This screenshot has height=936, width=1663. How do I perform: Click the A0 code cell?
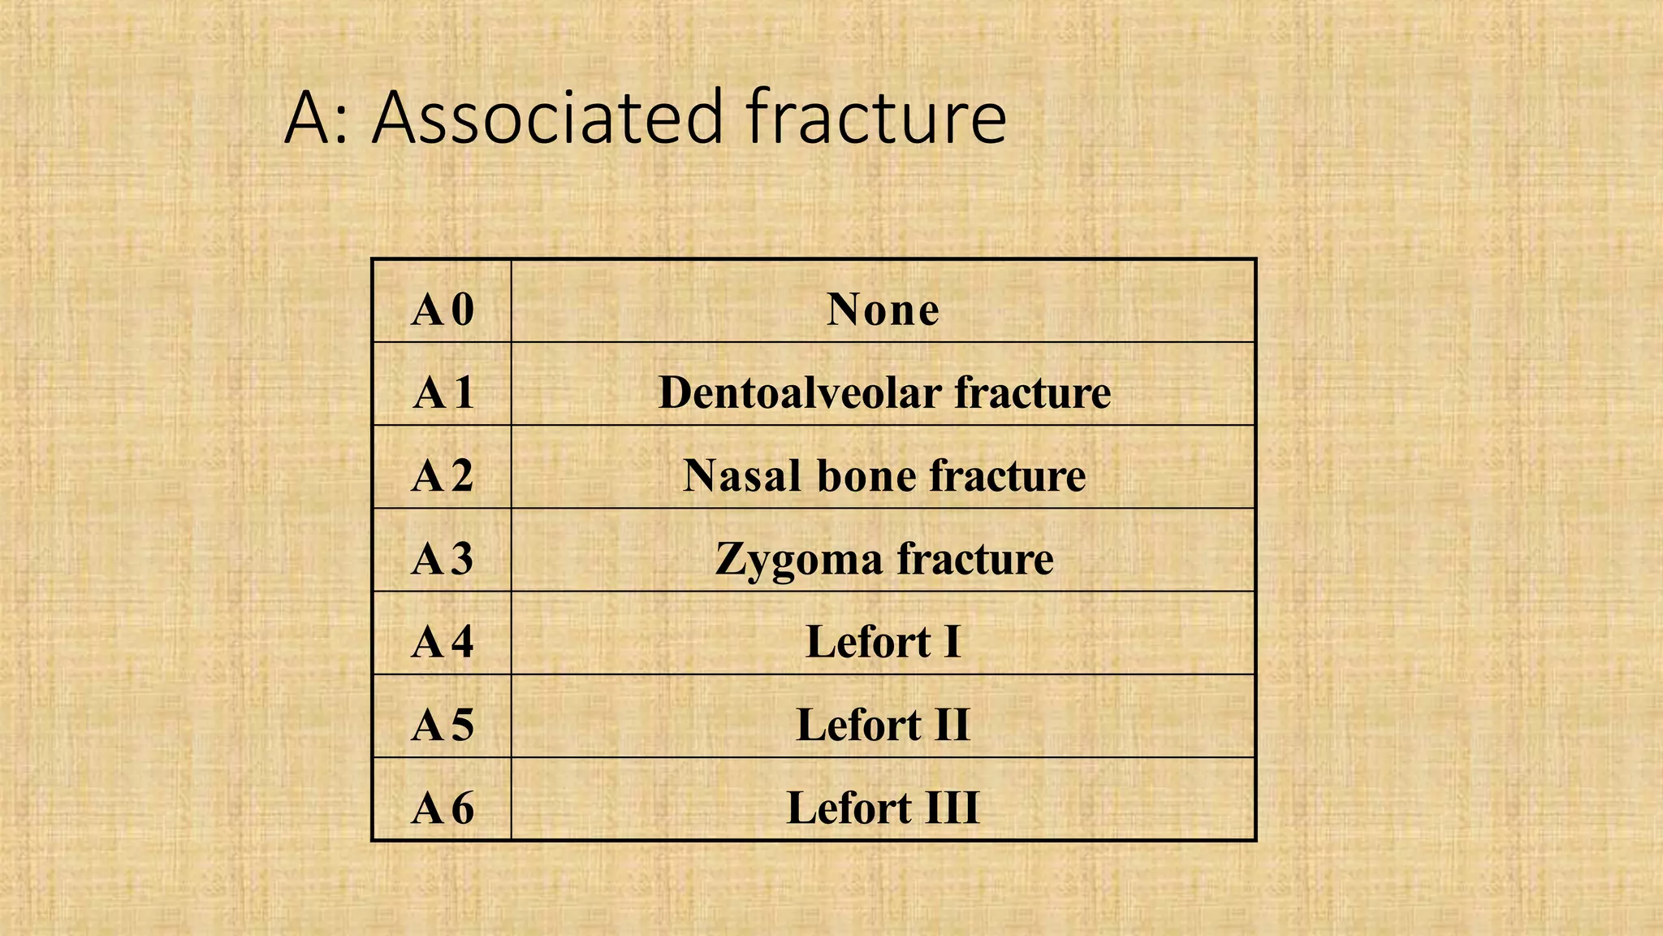click(443, 310)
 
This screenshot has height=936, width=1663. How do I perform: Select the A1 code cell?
click(443, 393)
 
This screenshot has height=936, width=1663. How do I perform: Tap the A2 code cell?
click(443, 476)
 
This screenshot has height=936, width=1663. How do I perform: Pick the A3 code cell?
click(443, 559)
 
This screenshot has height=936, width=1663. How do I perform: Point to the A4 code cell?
click(443, 642)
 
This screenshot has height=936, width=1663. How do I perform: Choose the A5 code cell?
click(443, 726)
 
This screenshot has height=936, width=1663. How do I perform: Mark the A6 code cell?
click(443, 808)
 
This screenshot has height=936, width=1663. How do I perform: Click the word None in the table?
click(883, 310)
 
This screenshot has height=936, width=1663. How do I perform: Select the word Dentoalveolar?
click(799, 393)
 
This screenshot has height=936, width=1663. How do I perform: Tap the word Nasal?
click(742, 476)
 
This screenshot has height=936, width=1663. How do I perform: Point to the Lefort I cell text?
click(883, 642)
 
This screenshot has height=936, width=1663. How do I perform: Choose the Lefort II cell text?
click(883, 726)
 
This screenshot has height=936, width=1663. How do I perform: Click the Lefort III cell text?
click(883, 808)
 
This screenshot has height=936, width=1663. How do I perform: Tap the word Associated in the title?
click(547, 118)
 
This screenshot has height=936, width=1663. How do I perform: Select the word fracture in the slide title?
click(876, 118)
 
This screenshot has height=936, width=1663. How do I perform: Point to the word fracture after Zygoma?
click(974, 559)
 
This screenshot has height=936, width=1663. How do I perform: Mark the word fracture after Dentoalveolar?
click(1032, 393)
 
